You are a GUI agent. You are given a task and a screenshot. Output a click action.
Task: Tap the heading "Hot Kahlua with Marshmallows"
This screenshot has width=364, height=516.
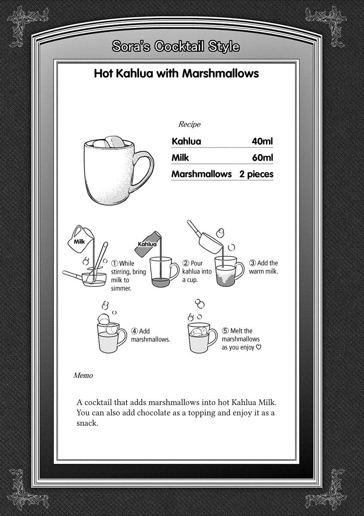coord(176,74)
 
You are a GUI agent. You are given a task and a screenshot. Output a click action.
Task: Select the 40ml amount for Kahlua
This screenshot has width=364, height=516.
coord(262,141)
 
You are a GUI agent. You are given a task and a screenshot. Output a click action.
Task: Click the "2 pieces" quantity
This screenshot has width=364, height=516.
coord(257,174)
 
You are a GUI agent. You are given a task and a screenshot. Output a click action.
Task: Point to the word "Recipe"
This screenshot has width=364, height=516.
coord(189,124)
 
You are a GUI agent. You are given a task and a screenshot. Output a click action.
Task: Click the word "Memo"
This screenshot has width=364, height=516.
coord(83,375)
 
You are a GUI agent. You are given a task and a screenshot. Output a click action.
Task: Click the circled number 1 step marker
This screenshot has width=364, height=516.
coord(115,264)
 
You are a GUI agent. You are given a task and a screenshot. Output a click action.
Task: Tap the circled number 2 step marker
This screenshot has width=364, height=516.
coord(186,263)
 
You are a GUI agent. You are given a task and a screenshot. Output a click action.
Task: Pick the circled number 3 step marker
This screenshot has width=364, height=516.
coord(253,263)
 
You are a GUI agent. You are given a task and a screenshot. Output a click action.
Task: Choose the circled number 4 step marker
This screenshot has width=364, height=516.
coord(135,331)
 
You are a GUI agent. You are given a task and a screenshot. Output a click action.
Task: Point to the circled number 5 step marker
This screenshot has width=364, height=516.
coord(225,331)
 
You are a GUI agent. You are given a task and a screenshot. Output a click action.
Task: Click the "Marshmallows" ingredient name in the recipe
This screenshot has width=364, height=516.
coord(201,174)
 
